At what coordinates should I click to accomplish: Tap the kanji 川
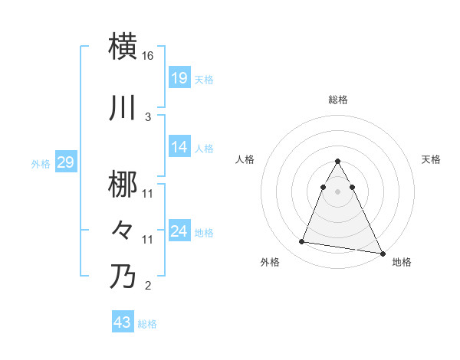[x=123, y=108]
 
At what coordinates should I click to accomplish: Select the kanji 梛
[x=123, y=185]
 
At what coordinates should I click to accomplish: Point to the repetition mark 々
[x=123, y=230]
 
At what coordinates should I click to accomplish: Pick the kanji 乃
[x=123, y=277]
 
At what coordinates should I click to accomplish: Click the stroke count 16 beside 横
[x=148, y=56]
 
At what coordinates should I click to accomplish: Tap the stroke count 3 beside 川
[x=148, y=116]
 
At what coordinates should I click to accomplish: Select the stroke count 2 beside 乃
[x=148, y=286]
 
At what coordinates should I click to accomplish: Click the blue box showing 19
[x=179, y=78]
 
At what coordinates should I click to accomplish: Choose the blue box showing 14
[x=179, y=147]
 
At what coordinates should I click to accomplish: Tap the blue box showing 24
[x=179, y=231]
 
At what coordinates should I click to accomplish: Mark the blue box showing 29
[x=65, y=162]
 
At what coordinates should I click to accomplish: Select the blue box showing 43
[x=123, y=322]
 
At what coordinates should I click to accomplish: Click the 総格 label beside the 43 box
[x=147, y=324]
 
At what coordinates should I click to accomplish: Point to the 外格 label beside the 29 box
[x=41, y=163]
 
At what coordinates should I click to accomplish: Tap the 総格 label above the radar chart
[x=337, y=100]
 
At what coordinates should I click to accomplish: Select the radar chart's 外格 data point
[x=302, y=242]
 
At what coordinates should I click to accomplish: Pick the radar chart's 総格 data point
[x=337, y=162]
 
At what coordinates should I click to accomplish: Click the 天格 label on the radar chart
[x=432, y=159]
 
